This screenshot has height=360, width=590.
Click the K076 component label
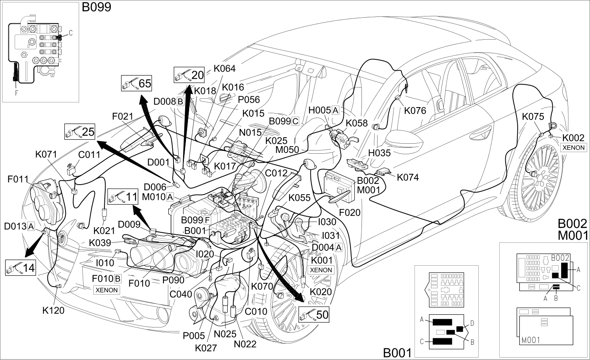click(x=415, y=110)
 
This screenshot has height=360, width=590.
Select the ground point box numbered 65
click(x=137, y=83)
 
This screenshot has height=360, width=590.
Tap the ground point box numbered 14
click(x=20, y=268)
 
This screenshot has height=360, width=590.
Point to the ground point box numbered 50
click(x=314, y=314)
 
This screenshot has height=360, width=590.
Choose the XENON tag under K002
click(x=574, y=148)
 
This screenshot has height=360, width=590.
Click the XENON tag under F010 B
click(x=106, y=290)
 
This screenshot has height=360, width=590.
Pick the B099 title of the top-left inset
click(x=96, y=7)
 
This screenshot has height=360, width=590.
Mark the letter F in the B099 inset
click(x=16, y=93)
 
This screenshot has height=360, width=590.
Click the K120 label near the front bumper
click(x=53, y=311)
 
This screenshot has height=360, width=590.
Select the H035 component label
click(x=379, y=153)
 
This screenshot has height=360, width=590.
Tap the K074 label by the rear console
click(x=408, y=177)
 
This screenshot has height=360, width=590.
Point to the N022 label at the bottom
click(x=245, y=344)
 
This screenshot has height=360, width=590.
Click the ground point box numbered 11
click(x=123, y=196)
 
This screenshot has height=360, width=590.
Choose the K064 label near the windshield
click(x=225, y=68)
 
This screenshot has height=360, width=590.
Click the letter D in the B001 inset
click(x=472, y=323)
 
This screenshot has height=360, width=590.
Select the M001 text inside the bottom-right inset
click(x=531, y=340)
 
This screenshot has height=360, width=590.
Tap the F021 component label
click(x=123, y=116)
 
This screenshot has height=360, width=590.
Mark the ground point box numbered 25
click(x=80, y=132)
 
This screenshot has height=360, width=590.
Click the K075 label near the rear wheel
click(x=533, y=116)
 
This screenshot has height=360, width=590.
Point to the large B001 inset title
click(x=397, y=353)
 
